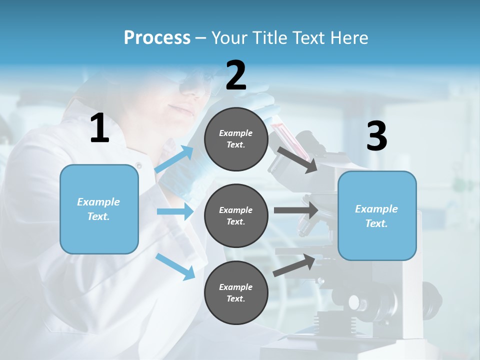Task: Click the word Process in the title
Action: (x=157, y=37)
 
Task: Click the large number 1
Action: (x=99, y=128)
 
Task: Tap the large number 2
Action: (x=236, y=75)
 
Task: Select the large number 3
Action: (x=377, y=136)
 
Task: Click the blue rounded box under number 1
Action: (x=99, y=209)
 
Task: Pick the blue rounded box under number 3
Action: (x=377, y=216)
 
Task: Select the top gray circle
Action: (x=236, y=139)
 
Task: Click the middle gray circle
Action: (x=236, y=216)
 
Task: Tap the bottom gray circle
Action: (x=236, y=293)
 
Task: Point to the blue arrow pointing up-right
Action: (x=174, y=159)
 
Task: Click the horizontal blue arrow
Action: (x=175, y=212)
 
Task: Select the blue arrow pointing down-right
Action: (x=175, y=266)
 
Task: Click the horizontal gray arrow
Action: (x=296, y=210)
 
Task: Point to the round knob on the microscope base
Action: (x=354, y=302)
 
